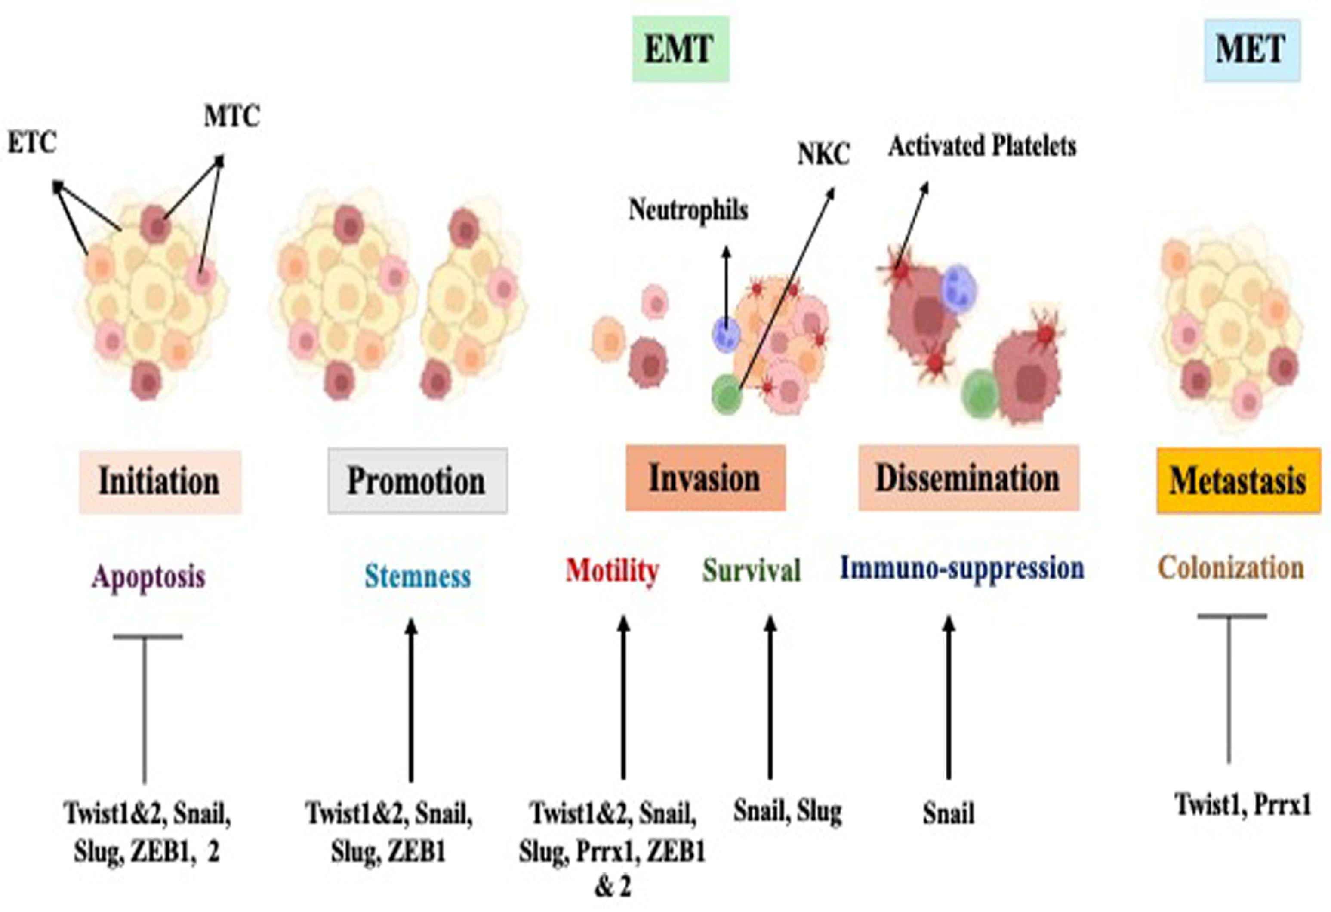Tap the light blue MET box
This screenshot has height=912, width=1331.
click(1251, 50)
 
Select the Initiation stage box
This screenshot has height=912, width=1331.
click(160, 481)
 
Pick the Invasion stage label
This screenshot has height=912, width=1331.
click(705, 478)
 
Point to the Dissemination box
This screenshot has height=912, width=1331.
click(968, 478)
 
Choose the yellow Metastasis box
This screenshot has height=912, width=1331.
click(1238, 481)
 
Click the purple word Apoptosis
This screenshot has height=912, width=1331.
click(148, 576)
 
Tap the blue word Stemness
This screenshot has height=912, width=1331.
click(418, 576)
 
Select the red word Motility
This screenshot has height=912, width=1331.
click(612, 570)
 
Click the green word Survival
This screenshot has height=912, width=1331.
click(752, 570)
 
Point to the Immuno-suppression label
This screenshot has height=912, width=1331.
click(961, 569)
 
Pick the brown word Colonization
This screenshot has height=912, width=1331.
click(1231, 569)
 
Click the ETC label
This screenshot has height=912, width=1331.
click(32, 142)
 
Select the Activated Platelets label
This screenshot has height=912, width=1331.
click(982, 146)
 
